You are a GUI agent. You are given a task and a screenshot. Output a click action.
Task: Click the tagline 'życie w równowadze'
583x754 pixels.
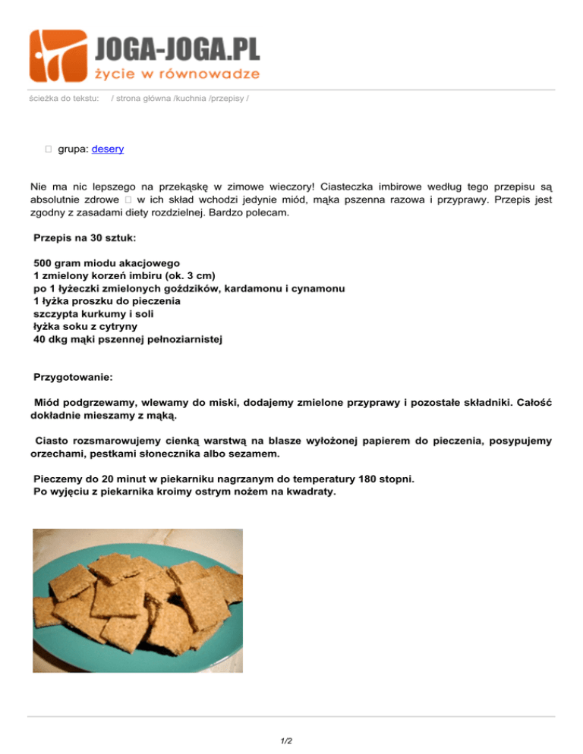tap(177, 74)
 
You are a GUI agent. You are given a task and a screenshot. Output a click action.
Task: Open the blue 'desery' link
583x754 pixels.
tap(108, 149)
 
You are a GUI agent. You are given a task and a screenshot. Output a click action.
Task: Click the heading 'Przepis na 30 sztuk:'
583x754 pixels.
tap(85, 237)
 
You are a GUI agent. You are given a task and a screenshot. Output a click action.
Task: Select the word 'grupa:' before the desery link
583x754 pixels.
tap(74, 149)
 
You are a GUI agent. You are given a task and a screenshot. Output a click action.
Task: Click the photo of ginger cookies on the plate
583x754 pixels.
tap(138, 600)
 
